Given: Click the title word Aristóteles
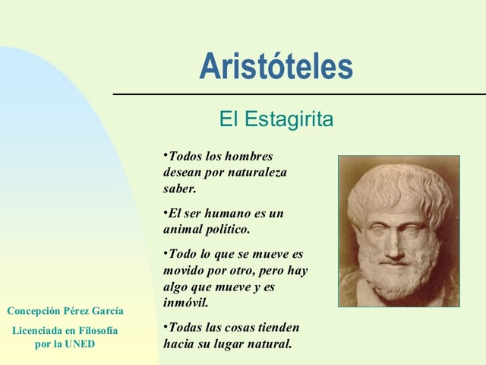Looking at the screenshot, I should pyautogui.click(x=276, y=67).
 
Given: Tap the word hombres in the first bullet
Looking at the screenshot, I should pyautogui.click(x=248, y=157).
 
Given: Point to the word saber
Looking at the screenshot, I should pyautogui.click(x=179, y=189).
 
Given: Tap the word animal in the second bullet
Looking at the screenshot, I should pyautogui.click(x=181, y=229).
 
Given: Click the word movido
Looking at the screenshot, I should pyautogui.click(x=182, y=270).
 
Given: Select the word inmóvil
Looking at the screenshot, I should pyautogui.click(x=185, y=303).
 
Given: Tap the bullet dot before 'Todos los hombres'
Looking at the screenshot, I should pyautogui.click(x=165, y=154).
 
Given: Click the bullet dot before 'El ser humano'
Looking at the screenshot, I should pyautogui.click(x=165, y=211).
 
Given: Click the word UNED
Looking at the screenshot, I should pyautogui.click(x=80, y=344).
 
